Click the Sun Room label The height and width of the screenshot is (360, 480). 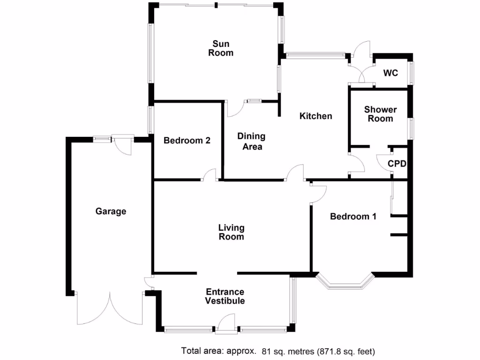221,48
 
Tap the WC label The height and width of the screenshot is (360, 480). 390,73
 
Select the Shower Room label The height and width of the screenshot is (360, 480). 380,114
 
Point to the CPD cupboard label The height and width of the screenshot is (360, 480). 397,164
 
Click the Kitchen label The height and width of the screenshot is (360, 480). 315,116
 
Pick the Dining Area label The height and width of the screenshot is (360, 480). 251,141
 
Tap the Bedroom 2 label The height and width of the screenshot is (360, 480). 187,140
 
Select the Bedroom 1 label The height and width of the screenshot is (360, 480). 353,217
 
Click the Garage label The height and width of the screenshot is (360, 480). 111,211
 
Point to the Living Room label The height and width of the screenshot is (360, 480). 232,232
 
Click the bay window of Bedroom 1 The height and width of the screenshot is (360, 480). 345,283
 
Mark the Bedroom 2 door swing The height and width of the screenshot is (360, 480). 209,175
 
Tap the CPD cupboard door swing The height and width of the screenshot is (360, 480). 384,162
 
